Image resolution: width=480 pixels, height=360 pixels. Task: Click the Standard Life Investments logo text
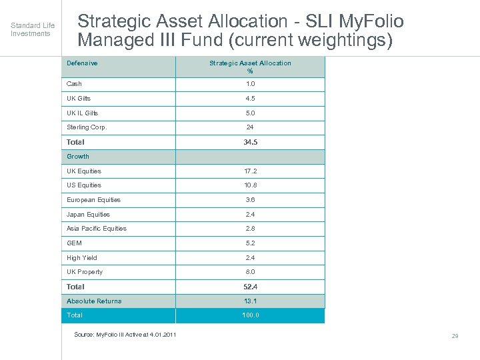[x=32, y=29]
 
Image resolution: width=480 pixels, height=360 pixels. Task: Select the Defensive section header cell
[x=82, y=63]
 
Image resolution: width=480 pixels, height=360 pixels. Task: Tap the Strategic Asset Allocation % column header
[x=250, y=67]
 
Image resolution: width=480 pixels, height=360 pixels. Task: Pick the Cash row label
[x=74, y=84]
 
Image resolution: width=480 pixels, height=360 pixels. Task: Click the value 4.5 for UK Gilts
[x=250, y=99]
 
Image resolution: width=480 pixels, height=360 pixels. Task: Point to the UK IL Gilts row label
[x=82, y=113]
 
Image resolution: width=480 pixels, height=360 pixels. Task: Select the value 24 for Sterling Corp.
[x=250, y=127]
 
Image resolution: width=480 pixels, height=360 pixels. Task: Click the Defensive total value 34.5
[x=250, y=142]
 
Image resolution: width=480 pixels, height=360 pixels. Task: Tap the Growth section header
[x=78, y=157]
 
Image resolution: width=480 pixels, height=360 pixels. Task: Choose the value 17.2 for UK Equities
[x=250, y=171]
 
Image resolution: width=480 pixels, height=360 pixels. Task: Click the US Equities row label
[x=84, y=185]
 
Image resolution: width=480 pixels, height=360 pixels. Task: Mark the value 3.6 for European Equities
[x=250, y=200]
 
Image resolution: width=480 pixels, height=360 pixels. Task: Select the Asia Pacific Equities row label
[x=96, y=229]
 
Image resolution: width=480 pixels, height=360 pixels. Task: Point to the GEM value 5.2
[x=250, y=243]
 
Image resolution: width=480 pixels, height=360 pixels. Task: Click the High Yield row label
[x=81, y=258]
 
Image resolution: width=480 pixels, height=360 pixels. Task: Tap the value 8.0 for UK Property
[x=250, y=272]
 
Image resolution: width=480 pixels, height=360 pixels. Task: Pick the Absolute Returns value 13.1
[x=250, y=301]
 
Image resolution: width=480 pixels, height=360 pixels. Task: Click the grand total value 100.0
[x=250, y=315]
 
